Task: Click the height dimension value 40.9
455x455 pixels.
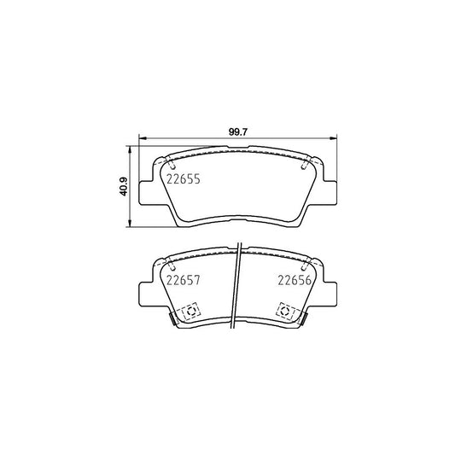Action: pyautogui.click(x=124, y=187)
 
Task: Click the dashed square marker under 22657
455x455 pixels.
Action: pyautogui.click(x=190, y=312)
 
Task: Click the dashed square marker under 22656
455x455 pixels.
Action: pyautogui.click(x=283, y=312)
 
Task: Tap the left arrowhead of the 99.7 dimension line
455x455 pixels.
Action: pyautogui.click(x=143, y=139)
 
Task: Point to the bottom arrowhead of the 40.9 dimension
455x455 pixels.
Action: pyautogui.click(x=131, y=226)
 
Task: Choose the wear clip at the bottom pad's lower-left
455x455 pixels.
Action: pyautogui.click(x=173, y=318)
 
